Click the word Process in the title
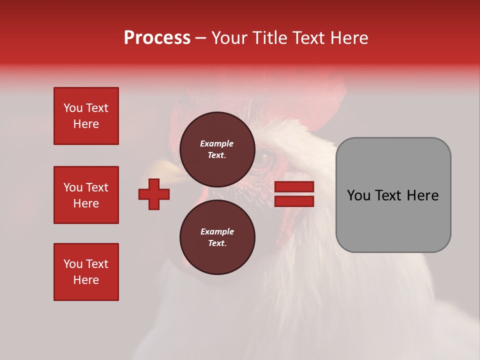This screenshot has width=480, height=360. tap(157, 38)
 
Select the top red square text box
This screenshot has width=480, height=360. tap(86, 116)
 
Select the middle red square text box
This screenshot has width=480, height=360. tap(86, 195)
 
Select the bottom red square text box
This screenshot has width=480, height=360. tap(86, 272)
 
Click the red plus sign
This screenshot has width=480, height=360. tap(154, 194)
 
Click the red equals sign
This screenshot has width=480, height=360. tap(294, 194)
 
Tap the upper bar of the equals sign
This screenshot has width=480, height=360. tap(294, 187)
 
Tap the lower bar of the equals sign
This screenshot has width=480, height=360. tap(294, 201)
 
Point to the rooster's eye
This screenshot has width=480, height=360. tap(262, 160)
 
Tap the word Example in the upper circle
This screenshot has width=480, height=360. tap(217, 143)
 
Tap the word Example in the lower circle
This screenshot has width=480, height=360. tap(217, 231)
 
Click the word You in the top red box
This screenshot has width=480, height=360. tap(72, 108)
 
